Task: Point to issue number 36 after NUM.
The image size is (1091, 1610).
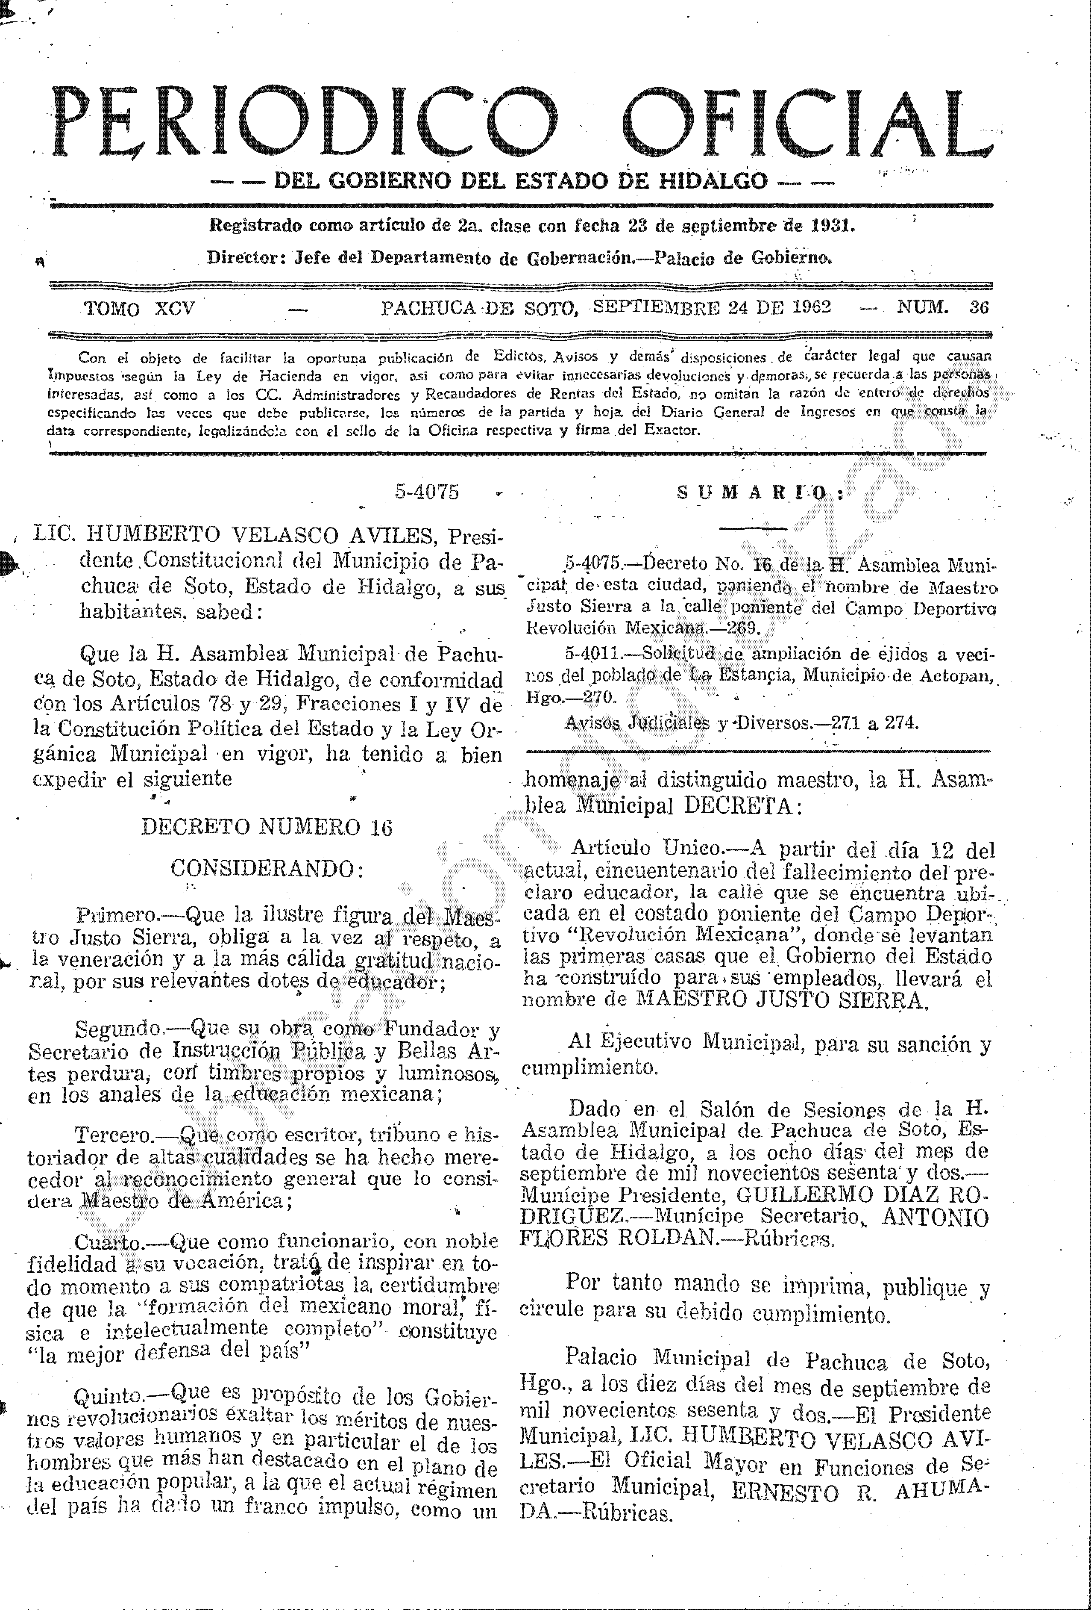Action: [x=979, y=307]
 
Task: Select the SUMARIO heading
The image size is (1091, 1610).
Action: [x=760, y=493]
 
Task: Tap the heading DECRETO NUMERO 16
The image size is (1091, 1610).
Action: [x=267, y=827]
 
